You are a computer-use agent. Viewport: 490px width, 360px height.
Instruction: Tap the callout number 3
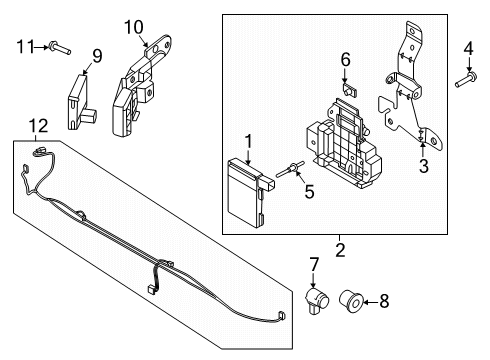coord(423,166)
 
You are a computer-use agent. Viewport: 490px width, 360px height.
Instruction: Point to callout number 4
coord(467,47)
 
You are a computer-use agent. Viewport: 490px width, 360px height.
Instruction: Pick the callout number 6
coord(345,60)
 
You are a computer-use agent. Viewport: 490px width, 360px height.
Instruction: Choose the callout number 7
coord(313,264)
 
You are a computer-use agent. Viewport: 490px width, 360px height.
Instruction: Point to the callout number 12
coord(38,125)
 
